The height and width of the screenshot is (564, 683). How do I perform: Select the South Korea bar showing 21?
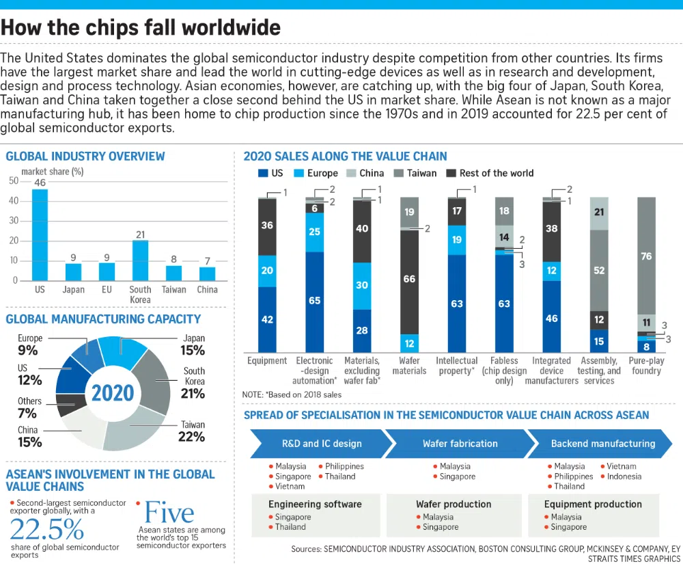pyautogui.click(x=140, y=260)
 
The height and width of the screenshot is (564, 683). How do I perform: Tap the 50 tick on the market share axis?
pyautogui.click(x=14, y=181)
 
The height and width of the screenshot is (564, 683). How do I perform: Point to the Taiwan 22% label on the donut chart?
pyautogui.click(x=192, y=431)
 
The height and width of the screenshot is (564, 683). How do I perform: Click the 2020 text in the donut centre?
pyautogui.click(x=113, y=393)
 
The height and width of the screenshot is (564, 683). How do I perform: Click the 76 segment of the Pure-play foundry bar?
pyautogui.click(x=646, y=256)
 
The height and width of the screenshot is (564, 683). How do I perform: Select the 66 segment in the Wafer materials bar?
pyautogui.click(x=409, y=279)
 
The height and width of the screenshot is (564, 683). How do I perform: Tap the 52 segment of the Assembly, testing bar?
pyautogui.click(x=599, y=270)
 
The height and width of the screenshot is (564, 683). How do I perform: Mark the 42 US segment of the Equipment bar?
pyautogui.click(x=267, y=319)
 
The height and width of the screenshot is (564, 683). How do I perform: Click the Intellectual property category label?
pyautogui.click(x=457, y=366)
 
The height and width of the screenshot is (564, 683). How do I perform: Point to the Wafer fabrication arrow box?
pyautogui.click(x=459, y=444)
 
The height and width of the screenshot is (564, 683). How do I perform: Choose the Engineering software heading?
pyautogui.click(x=315, y=505)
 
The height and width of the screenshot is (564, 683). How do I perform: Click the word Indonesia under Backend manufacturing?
pyautogui.click(x=624, y=476)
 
